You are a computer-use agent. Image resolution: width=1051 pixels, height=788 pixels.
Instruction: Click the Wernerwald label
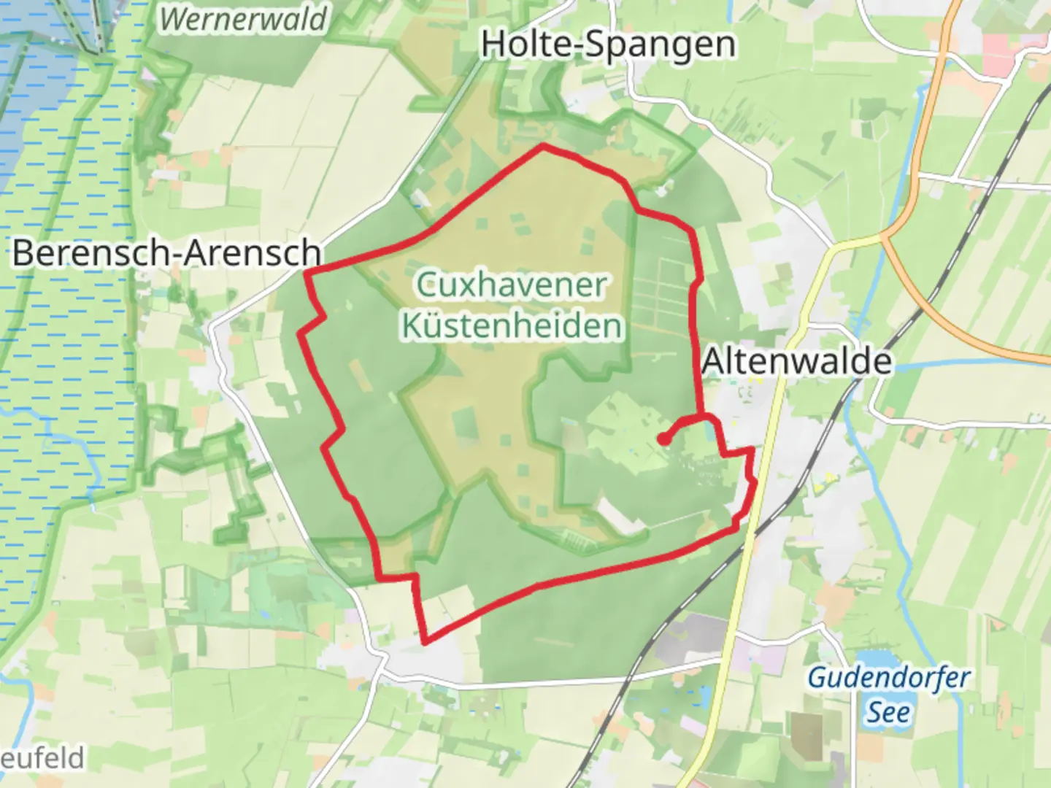click(243, 19)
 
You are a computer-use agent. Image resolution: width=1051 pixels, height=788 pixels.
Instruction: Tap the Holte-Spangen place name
click(608, 45)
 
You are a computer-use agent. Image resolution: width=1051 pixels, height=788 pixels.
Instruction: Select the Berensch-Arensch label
click(166, 253)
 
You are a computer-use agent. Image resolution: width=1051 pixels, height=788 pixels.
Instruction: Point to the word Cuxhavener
click(512, 285)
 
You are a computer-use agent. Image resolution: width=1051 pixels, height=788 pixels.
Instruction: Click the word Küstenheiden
click(512, 325)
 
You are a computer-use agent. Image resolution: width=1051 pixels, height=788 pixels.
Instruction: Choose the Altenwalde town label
click(796, 361)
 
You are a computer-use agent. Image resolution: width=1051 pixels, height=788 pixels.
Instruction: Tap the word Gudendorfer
click(888, 678)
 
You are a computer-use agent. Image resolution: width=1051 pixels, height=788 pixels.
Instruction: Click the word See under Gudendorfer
click(888, 711)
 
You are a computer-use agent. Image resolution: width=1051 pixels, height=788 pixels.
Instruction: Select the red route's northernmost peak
click(543, 147)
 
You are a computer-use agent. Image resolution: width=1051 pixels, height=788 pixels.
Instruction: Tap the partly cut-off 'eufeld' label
click(42, 758)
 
